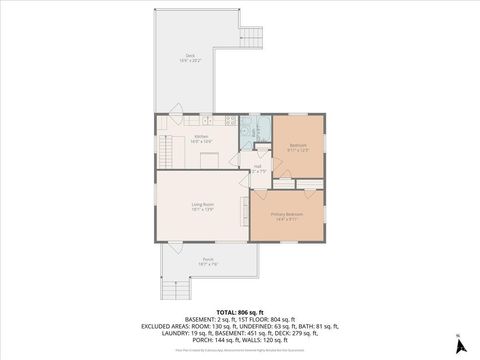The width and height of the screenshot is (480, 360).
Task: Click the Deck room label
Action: point(190,55)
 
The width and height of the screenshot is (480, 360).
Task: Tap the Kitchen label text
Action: point(201,136)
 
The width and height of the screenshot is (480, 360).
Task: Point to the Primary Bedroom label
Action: point(286,214)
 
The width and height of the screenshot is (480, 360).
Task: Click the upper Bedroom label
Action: point(298,145)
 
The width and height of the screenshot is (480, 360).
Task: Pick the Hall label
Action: point(257,166)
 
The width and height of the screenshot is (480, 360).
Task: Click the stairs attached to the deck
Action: point(250,38)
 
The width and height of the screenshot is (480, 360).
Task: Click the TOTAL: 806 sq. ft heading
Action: point(240,313)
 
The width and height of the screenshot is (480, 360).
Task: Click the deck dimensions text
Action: point(190,60)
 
